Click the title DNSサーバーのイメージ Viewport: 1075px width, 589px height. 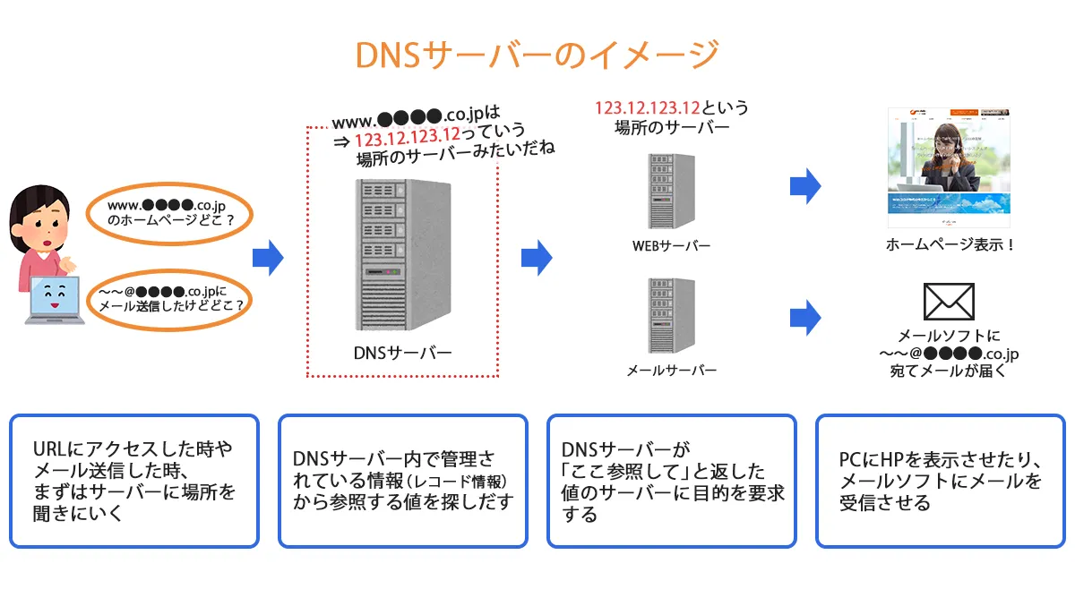537,55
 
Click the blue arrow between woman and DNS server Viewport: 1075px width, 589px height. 267,258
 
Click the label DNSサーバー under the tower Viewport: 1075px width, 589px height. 402,352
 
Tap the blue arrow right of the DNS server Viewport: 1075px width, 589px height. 536,258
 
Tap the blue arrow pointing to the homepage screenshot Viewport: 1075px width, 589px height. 804,186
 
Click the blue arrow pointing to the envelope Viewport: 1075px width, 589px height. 804,317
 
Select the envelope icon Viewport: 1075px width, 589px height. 949,302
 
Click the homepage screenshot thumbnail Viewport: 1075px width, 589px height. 949,167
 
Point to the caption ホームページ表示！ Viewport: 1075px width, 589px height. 950,244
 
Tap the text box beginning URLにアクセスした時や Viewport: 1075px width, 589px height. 134,480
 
